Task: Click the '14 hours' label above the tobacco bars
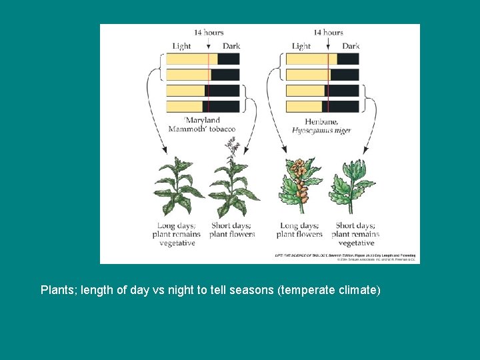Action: (209, 32)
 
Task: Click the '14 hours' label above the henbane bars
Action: (328, 32)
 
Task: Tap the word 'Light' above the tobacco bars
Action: (181, 46)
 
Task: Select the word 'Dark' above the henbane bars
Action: (351, 46)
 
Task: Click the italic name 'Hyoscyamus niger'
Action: (321, 131)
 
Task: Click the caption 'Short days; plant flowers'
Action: (232, 230)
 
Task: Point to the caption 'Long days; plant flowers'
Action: (299, 230)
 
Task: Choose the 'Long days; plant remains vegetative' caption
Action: (177, 234)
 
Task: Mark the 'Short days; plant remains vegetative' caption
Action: (355, 234)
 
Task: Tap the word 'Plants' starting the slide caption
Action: (58, 290)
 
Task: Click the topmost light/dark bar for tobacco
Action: (203, 59)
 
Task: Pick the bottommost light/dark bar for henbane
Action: (323, 107)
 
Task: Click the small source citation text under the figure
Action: (345, 257)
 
